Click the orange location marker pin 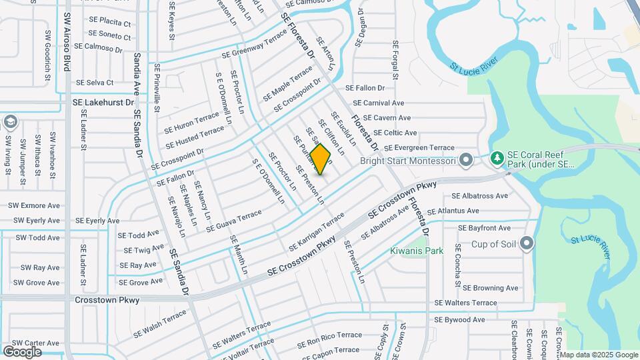coord(321,159)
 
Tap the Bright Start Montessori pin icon coord(466,161)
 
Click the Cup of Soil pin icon coord(528,243)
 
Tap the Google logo coord(22,351)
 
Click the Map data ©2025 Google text coord(598,355)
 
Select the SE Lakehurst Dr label coord(103,104)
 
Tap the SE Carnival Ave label coord(379,103)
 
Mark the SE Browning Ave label coord(490,288)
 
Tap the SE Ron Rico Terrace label coord(329,335)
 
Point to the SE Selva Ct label coord(95,83)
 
